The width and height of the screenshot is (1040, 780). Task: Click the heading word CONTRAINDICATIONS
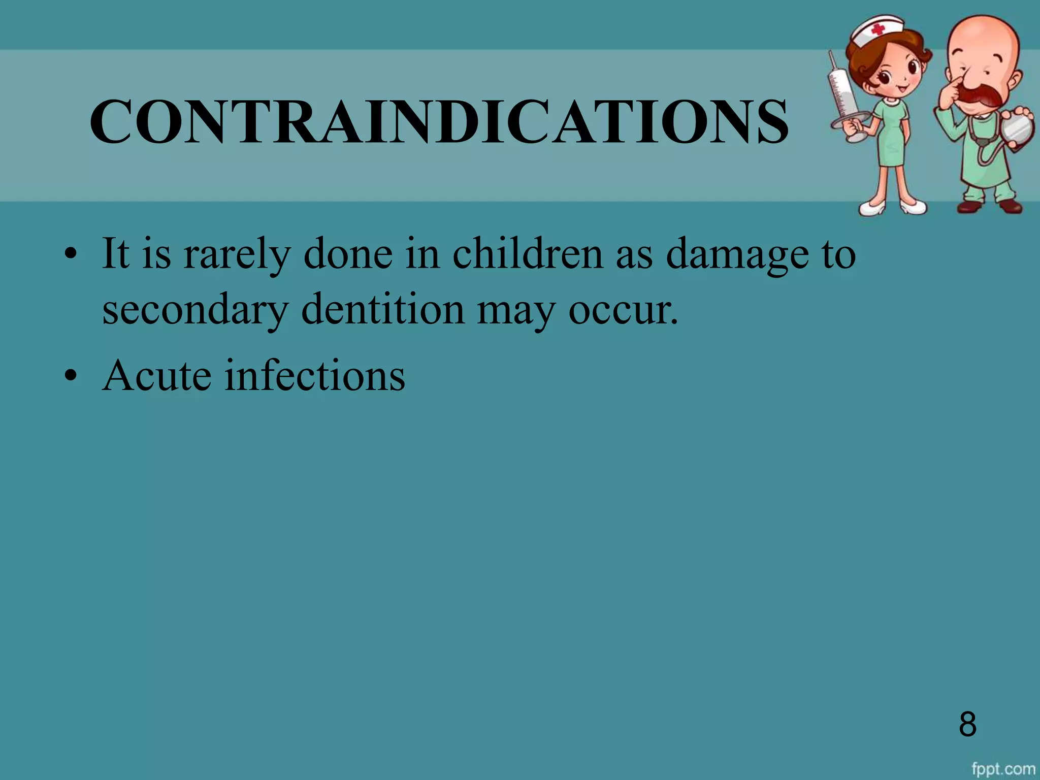pyautogui.click(x=439, y=122)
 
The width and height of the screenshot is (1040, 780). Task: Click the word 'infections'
pyautogui.click(x=315, y=376)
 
